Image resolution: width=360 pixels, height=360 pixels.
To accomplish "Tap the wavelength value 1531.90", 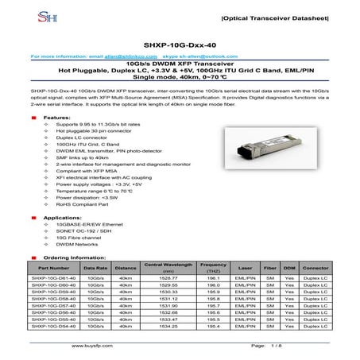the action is [x=168, y=306].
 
